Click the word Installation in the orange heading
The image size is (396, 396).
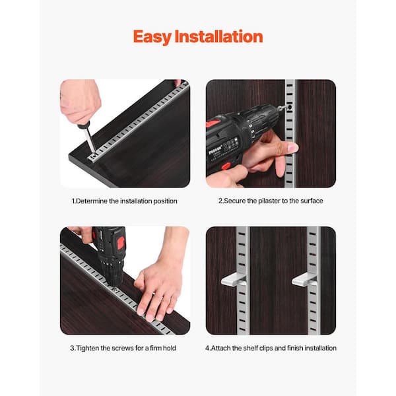click(218, 36)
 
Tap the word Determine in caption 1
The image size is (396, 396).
click(92, 201)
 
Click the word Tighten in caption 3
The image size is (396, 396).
click(87, 348)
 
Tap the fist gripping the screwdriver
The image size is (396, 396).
click(80, 101)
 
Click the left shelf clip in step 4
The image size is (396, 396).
click(234, 280)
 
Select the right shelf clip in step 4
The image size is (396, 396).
click(304, 280)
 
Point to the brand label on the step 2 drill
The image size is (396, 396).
click(215, 150)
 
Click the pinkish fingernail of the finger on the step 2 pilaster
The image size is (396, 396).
click(294, 147)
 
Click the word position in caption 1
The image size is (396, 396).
click(165, 201)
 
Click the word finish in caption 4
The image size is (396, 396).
click(295, 348)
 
